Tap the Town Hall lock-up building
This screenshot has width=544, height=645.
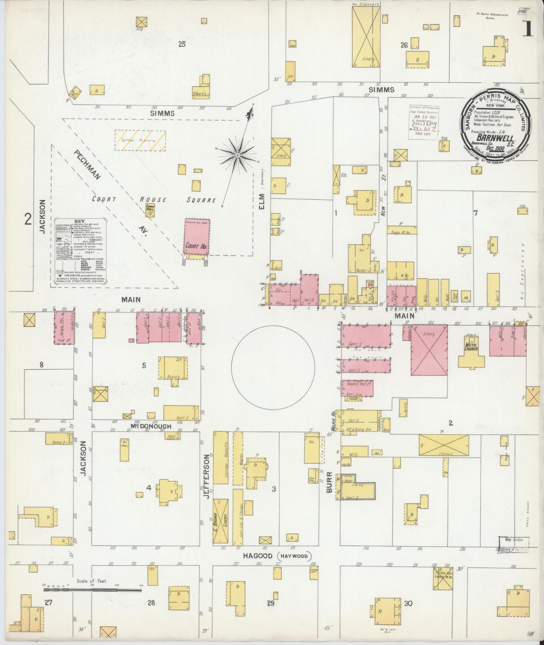[x=150, y=210]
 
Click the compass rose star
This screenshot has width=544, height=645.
[x=237, y=155]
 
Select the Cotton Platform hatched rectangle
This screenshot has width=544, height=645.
[x=140, y=140]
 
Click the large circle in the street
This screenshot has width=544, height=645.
[x=273, y=366]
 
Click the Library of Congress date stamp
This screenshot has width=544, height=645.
[x=424, y=122]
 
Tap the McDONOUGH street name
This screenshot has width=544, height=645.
[x=149, y=427]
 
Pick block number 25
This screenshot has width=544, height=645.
[x=182, y=44]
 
